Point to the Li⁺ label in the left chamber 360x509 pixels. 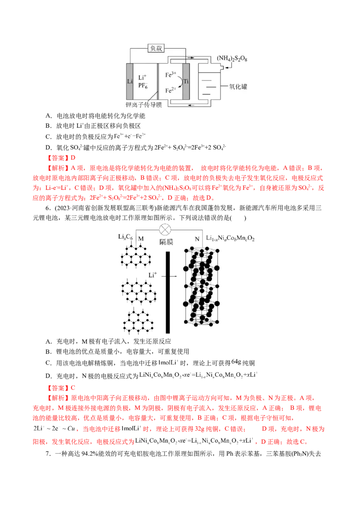point(143,78)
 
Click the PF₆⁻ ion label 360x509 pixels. point(143,87)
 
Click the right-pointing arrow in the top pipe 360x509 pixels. point(193,58)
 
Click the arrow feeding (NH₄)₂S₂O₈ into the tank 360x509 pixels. point(228,66)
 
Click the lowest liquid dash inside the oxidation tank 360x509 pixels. point(206,93)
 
